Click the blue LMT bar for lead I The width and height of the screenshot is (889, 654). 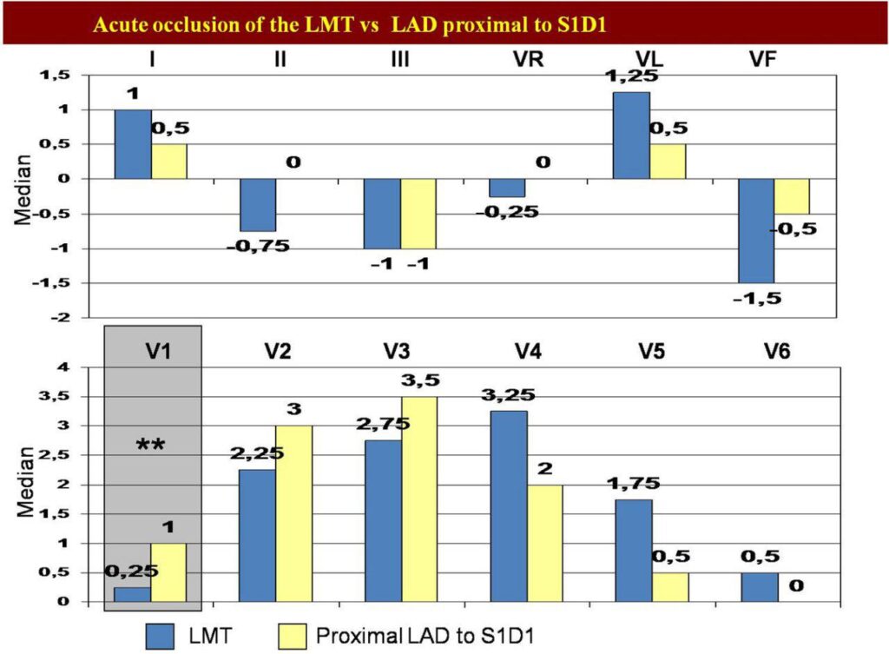click(133, 144)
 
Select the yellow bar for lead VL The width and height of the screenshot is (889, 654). click(668, 162)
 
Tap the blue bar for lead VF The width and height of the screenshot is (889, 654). click(755, 230)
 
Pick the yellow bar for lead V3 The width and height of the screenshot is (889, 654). click(419, 499)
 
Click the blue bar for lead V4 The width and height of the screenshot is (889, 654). click(509, 505)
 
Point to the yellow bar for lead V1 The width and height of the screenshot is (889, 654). click(169, 572)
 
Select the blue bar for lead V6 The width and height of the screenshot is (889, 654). click(759, 587)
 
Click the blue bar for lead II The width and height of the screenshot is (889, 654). click(258, 205)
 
